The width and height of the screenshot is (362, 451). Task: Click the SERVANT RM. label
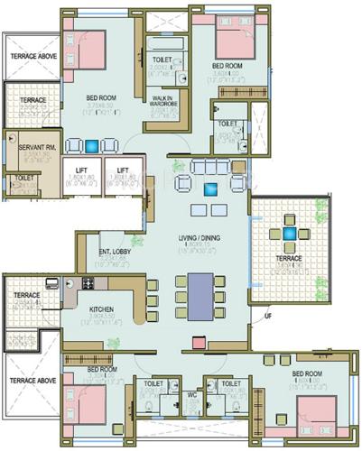click(x=22, y=145)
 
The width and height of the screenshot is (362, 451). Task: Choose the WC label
click(x=191, y=395)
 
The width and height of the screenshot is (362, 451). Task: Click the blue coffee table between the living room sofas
click(x=211, y=189)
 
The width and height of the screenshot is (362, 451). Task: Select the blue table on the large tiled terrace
click(x=290, y=233)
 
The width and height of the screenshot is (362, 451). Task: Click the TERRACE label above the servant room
click(x=33, y=99)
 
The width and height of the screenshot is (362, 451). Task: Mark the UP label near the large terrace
click(x=268, y=315)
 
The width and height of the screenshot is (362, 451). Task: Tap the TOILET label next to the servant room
click(x=23, y=178)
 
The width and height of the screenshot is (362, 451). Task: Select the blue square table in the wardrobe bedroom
click(x=93, y=144)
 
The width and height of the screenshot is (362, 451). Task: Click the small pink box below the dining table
click(x=198, y=342)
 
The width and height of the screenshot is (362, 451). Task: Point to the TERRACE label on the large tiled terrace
click(x=289, y=258)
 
